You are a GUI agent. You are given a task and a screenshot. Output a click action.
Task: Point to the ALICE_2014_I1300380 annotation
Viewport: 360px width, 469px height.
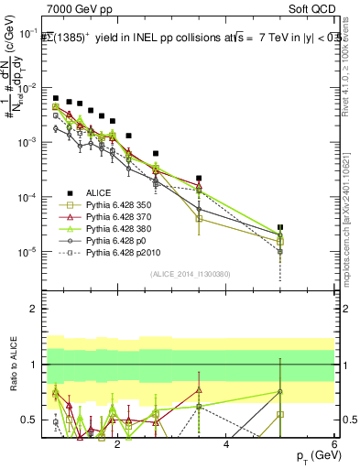click(x=189, y=274)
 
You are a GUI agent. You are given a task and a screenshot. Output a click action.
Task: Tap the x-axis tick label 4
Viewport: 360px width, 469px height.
click(x=226, y=444)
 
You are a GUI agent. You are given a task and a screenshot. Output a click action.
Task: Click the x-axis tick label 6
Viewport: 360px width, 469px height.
click(x=334, y=444)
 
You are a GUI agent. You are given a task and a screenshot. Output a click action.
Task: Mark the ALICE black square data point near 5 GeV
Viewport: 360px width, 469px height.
click(x=280, y=227)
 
